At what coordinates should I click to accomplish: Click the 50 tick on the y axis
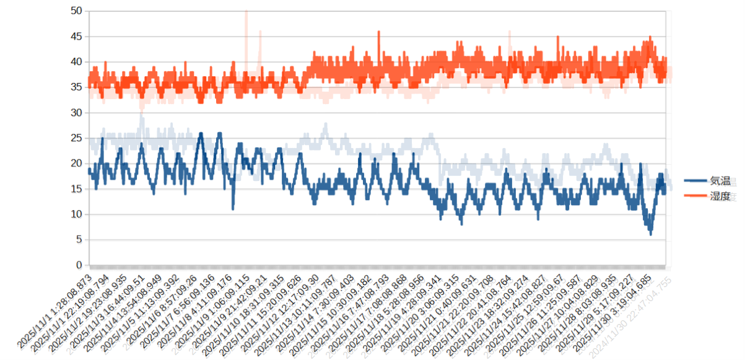click(77, 11)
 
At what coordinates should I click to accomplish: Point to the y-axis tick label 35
click(77, 87)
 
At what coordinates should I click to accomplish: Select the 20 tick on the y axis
click(77, 163)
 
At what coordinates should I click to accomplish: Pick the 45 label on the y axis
click(77, 36)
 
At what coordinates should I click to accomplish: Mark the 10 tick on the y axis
click(77, 214)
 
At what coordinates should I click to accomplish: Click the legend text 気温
click(720, 181)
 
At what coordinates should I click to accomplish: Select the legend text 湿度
click(720, 196)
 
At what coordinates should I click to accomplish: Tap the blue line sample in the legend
click(696, 181)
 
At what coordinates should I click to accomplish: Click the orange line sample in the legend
click(696, 196)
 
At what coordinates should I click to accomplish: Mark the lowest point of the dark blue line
click(650, 234)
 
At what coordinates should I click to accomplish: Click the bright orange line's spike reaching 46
click(378, 32)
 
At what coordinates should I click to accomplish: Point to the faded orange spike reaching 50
click(246, 12)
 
